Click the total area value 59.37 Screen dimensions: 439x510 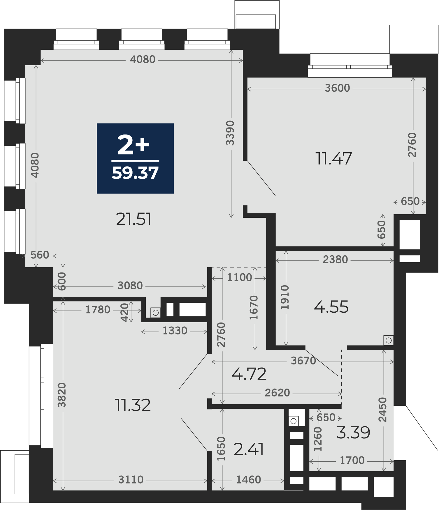[x=135, y=173]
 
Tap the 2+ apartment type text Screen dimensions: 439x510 [x=134, y=145]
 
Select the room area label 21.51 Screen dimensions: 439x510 [x=134, y=219]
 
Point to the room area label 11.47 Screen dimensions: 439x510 [x=334, y=159]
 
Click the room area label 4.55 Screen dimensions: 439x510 [x=331, y=307]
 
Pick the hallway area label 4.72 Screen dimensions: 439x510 [x=249, y=374]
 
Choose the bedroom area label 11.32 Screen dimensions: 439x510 [x=133, y=405]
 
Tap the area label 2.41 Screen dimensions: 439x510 [x=249, y=449]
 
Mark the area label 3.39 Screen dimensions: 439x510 [x=353, y=432]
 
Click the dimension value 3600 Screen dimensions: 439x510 [x=337, y=88]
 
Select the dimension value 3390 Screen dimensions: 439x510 [x=230, y=133]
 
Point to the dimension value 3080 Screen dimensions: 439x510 [x=130, y=286]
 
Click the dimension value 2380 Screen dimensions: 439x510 [x=335, y=260]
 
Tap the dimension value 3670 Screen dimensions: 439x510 [x=303, y=361]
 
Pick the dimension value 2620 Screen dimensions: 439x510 [x=277, y=393]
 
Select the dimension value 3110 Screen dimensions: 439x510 [x=131, y=480]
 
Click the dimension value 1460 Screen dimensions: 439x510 [x=248, y=480]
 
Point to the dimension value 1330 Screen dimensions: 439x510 [x=175, y=331]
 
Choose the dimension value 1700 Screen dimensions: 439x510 [x=352, y=461]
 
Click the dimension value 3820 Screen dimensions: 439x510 [x=62, y=395]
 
